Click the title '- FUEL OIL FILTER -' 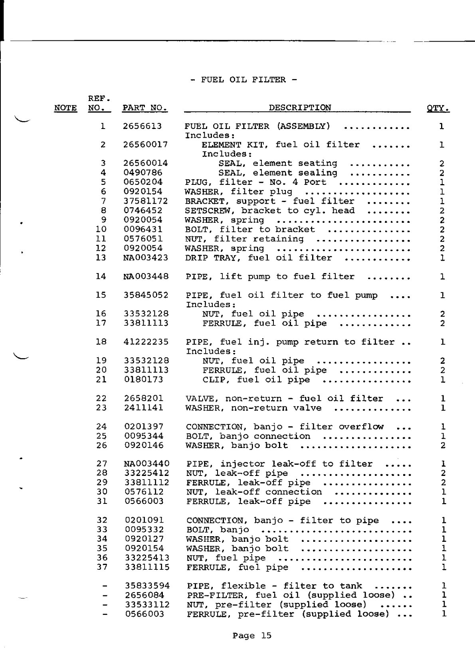(243, 79)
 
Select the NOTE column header (65, 108)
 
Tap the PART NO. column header (144, 108)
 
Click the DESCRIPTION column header (299, 108)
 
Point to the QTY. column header (438, 108)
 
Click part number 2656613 (142, 127)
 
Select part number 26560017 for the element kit (145, 145)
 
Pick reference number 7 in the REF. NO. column (103, 201)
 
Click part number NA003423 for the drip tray (145, 258)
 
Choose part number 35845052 (145, 295)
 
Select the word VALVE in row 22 (202, 398)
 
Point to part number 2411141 (143, 408)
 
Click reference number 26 (102, 445)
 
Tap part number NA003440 (146, 464)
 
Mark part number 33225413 (147, 558)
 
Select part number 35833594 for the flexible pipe (147, 586)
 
